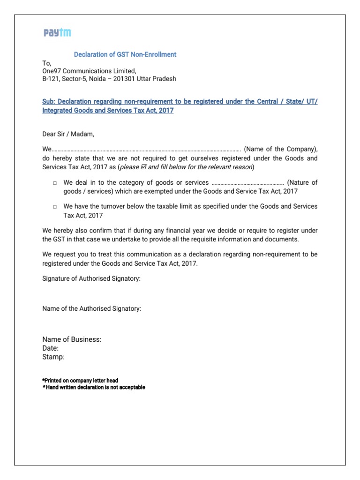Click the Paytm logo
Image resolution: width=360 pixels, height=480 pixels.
(x=57, y=33)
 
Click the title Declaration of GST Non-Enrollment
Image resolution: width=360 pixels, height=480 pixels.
(x=125, y=54)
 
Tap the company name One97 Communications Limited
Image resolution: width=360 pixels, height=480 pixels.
(x=89, y=71)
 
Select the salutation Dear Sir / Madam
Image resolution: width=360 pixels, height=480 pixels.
(x=68, y=134)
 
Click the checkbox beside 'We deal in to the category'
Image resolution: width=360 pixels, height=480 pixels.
(x=55, y=183)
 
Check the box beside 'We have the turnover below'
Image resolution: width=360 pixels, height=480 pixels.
(x=55, y=207)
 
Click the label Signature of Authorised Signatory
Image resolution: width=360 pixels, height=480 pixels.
(x=91, y=278)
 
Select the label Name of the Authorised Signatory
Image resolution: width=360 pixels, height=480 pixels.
(x=91, y=308)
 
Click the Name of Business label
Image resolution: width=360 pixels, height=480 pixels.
(x=72, y=339)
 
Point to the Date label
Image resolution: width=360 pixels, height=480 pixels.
(x=51, y=348)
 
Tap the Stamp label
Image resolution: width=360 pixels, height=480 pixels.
(x=53, y=357)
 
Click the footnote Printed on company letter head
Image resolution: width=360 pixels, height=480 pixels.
(x=80, y=380)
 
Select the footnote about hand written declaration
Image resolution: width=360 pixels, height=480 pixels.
(x=94, y=387)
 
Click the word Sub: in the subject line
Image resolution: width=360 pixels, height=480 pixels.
(x=49, y=102)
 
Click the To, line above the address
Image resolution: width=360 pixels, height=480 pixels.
(x=47, y=63)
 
